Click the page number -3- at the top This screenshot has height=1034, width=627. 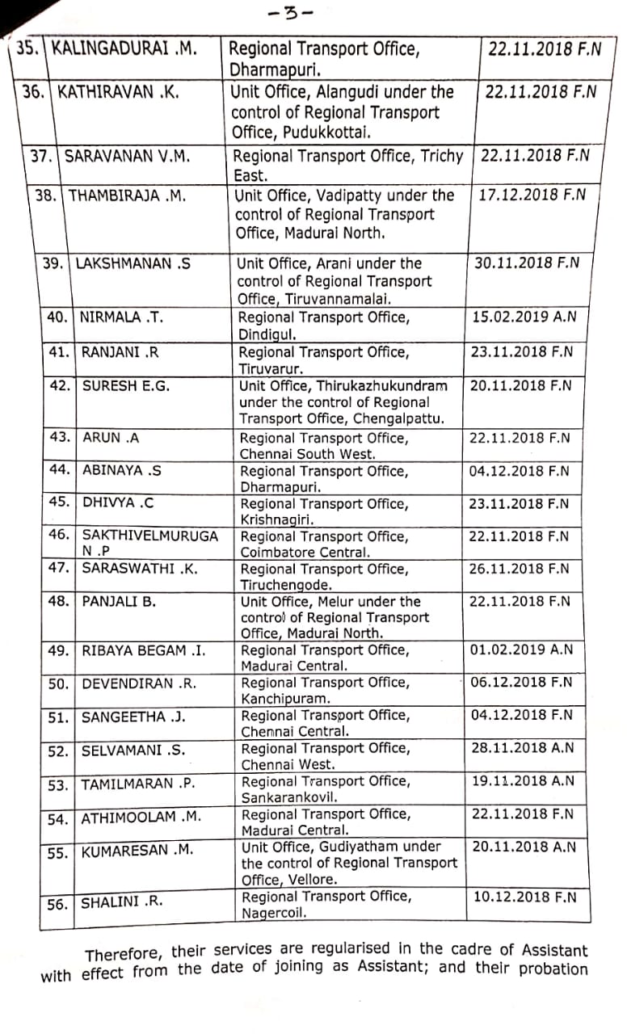[x=291, y=14]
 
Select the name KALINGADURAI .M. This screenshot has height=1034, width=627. [x=124, y=48]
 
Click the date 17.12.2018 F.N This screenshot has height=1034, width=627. [x=532, y=195]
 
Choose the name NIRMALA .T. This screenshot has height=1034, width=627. [x=122, y=317]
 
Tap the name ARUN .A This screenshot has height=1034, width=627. [x=112, y=437]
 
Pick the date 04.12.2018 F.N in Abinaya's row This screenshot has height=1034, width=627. [x=520, y=471]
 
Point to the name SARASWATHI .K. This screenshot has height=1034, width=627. [x=140, y=568]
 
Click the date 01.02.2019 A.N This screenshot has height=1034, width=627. [x=521, y=649]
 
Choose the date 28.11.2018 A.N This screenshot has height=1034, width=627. [x=523, y=748]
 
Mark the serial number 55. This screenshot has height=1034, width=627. [x=57, y=852]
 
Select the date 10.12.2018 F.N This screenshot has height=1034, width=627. [x=525, y=897]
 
